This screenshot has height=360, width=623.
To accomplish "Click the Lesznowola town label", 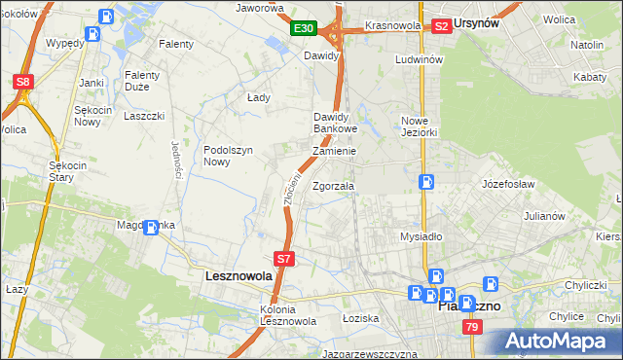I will click(x=238, y=276).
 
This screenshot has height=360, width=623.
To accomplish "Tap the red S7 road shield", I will click(x=283, y=259).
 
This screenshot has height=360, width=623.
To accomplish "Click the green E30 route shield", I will click(x=304, y=28).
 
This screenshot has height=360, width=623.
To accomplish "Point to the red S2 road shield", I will click(x=441, y=26).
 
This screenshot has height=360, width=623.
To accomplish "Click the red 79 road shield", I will click(x=471, y=328).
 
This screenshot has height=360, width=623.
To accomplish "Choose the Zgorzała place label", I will click(x=334, y=187).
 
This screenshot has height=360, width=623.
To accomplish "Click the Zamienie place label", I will click(x=333, y=152).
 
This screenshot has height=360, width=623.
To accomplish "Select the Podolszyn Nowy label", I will click(x=229, y=156).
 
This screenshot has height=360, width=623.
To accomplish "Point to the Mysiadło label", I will click(x=421, y=236).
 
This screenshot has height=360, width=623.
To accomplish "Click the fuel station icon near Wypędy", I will click(x=92, y=34).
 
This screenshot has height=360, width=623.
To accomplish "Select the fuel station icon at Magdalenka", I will click(x=151, y=229).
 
